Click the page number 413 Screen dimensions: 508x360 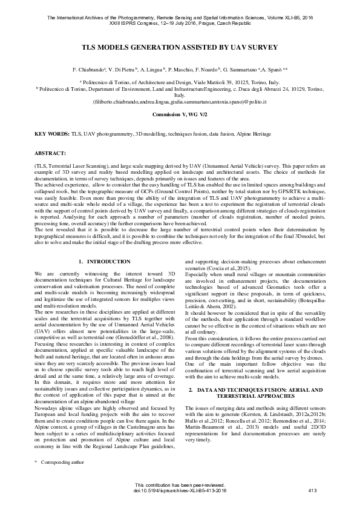click(x=313, y=490)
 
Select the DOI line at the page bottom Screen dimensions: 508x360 click(x=180, y=490)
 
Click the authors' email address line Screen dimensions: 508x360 click(x=180, y=102)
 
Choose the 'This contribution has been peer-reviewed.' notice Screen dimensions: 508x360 click(x=180, y=486)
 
